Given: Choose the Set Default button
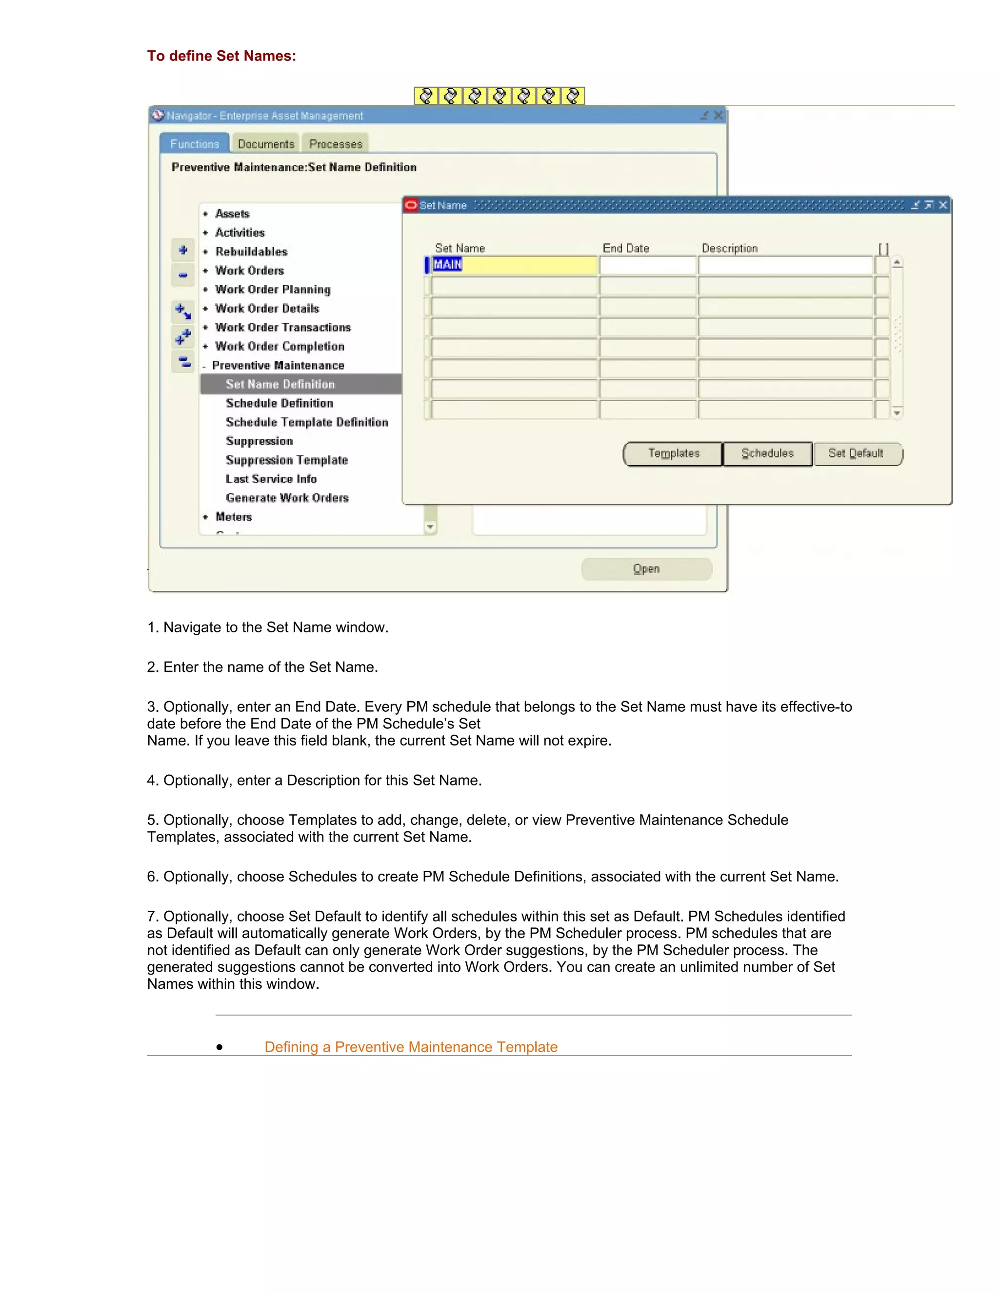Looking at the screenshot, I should pyautogui.click(x=857, y=454).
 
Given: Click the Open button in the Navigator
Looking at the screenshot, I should pyautogui.click(x=646, y=569).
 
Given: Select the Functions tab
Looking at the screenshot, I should pyautogui.click(x=195, y=144).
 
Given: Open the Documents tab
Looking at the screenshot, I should pyautogui.click(x=266, y=144).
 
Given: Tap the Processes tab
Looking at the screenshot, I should pyautogui.click(x=336, y=144).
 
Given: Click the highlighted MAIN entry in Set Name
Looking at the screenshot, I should pyautogui.click(x=447, y=265).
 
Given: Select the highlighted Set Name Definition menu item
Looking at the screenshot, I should pyautogui.click(x=280, y=385).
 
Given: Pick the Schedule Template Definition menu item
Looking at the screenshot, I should pyautogui.click(x=306, y=422).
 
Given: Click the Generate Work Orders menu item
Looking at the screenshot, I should pyautogui.click(x=287, y=498).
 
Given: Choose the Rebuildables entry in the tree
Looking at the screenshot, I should pyautogui.click(x=251, y=252).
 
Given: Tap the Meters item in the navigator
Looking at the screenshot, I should pyautogui.click(x=234, y=517).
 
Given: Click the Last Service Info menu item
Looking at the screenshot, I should pyautogui.click(x=271, y=479).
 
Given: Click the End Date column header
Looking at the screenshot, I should pyautogui.click(x=625, y=249).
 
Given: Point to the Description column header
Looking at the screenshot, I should pyautogui.click(x=729, y=249).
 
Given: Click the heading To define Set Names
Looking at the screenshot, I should pyautogui.click(x=221, y=56).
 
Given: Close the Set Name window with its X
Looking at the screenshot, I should pyautogui.click(x=943, y=205).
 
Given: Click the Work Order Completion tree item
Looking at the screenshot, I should pyautogui.click(x=280, y=347).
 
